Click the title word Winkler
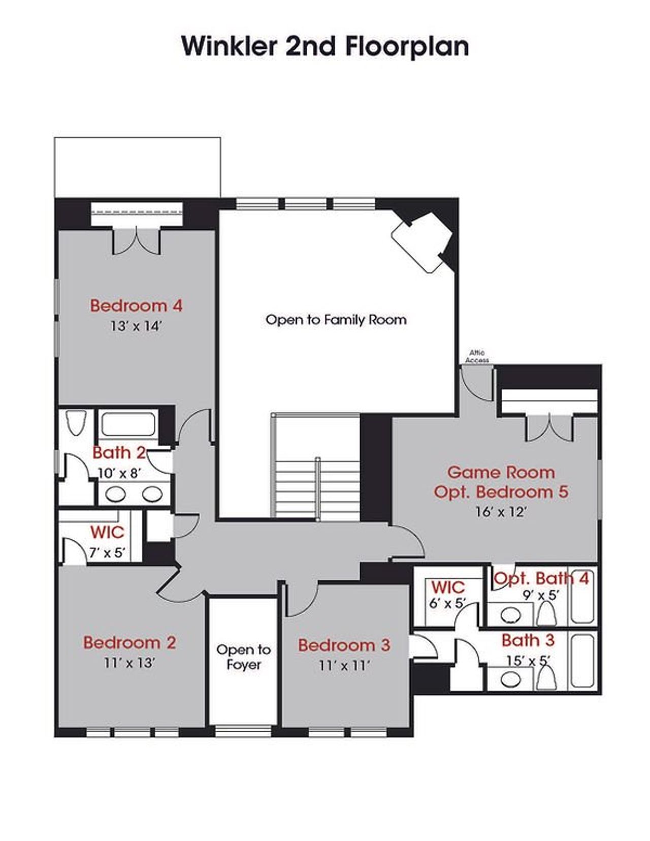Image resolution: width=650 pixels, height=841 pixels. (x=230, y=46)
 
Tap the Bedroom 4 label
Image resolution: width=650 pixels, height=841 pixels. (x=136, y=306)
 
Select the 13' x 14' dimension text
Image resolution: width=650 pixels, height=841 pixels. (x=136, y=326)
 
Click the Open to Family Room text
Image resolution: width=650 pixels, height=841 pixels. (x=336, y=320)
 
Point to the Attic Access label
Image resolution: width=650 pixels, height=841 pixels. (x=477, y=356)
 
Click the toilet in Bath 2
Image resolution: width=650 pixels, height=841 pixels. (x=76, y=423)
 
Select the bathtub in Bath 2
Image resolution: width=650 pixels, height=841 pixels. (x=127, y=424)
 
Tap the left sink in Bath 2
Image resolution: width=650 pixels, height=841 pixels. (x=116, y=493)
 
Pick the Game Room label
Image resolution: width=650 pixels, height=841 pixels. (x=501, y=472)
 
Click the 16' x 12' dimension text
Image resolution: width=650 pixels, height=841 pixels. (x=501, y=512)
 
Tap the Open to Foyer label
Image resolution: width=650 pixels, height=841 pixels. (x=243, y=657)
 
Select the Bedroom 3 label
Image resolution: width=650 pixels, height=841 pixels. (x=344, y=645)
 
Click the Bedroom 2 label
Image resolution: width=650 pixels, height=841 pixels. (x=129, y=642)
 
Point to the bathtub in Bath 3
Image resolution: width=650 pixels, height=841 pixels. (x=582, y=661)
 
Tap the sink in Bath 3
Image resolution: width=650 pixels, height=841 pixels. (x=511, y=679)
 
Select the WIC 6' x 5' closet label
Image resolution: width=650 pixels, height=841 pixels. (x=448, y=588)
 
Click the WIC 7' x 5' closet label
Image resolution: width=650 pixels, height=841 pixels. (x=107, y=533)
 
